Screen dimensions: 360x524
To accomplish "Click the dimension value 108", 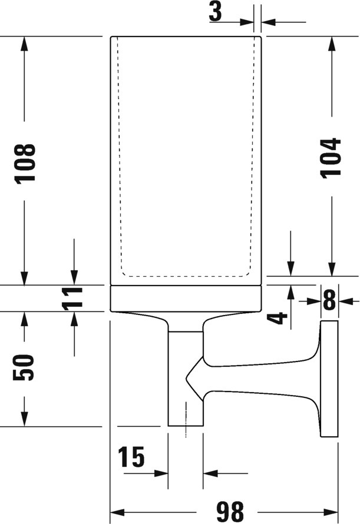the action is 25,162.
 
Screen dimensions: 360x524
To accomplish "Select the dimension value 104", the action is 331,157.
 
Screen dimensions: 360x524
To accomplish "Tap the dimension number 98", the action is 229,511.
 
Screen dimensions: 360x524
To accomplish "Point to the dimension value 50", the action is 24,367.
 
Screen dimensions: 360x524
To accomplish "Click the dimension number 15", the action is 131,457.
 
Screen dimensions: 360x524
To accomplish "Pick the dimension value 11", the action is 72,298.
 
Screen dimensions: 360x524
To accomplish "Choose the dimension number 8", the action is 329,301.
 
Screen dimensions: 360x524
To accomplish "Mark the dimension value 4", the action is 278,318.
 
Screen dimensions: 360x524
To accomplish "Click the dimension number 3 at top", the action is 216,11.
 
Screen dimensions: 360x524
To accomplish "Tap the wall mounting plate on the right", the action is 329,379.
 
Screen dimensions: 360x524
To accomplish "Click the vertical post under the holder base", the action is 186,379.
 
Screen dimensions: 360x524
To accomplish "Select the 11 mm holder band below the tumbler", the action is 186,299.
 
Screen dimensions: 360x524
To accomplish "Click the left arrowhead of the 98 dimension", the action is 117,512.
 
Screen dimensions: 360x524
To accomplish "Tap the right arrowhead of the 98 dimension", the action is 331,512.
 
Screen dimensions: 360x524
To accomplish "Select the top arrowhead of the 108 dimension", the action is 24,43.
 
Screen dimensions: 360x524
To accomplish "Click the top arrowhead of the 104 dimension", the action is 332,43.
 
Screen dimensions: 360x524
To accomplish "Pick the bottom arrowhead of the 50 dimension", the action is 24,419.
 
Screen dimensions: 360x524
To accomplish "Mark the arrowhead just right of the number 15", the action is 161,473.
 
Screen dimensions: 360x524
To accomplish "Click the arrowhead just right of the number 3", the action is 247,22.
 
